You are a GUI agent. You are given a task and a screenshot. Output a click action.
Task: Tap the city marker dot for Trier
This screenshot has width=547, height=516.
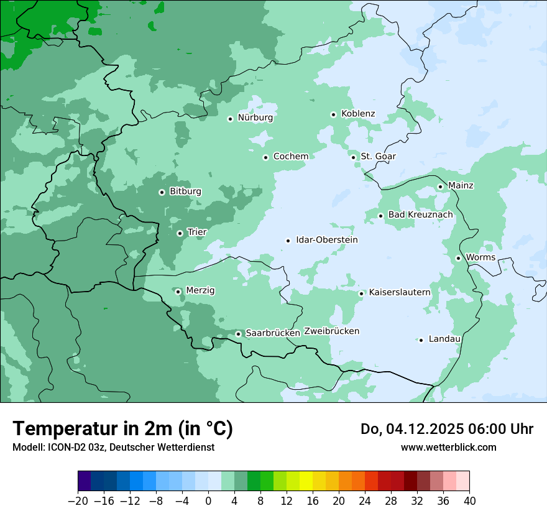pyautogui.click(x=180, y=234)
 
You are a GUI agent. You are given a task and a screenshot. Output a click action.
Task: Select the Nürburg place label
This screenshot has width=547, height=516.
pyautogui.click(x=255, y=117)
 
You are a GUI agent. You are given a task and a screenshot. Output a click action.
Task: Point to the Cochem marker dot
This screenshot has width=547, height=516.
pyautogui.click(x=265, y=157)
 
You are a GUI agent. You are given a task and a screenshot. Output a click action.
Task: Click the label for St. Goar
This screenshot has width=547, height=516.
pyautogui.click(x=378, y=157)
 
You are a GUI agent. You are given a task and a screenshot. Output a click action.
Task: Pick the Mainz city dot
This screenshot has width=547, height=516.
pyautogui.click(x=440, y=187)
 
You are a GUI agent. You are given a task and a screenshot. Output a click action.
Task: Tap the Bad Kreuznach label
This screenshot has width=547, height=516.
pyautogui.click(x=420, y=215)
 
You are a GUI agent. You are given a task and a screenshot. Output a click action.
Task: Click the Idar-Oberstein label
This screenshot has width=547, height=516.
pyautogui.click(x=326, y=240)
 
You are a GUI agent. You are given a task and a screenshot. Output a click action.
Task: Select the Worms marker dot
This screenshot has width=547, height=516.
pyautogui.click(x=458, y=258)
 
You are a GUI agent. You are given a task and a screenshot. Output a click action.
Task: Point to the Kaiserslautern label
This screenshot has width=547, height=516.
pyautogui.click(x=399, y=292)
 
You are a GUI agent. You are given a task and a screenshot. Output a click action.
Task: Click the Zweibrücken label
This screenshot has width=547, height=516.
pyautogui.click(x=331, y=331)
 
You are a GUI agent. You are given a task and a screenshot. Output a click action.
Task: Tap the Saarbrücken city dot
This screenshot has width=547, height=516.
pyautogui.click(x=238, y=334)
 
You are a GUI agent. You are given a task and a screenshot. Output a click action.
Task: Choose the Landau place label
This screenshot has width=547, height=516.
pyautogui.click(x=444, y=339)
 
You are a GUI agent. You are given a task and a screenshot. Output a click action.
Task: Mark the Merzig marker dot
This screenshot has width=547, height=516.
pyautogui.click(x=178, y=292)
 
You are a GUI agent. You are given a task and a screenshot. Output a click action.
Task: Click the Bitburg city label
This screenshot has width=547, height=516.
pyautogui.click(x=185, y=191)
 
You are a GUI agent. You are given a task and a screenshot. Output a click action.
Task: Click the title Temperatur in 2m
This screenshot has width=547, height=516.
pyautogui.click(x=122, y=429)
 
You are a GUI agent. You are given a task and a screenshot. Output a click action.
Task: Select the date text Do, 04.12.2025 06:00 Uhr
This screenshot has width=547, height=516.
pyautogui.click(x=446, y=429)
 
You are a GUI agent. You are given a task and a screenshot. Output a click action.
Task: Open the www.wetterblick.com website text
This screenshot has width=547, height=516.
pyautogui.click(x=448, y=447)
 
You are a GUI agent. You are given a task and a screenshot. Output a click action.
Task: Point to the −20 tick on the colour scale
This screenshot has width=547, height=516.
pyautogui.click(x=78, y=501)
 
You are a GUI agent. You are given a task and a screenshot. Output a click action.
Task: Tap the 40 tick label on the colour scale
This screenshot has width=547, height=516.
pyautogui.click(x=469, y=501)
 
